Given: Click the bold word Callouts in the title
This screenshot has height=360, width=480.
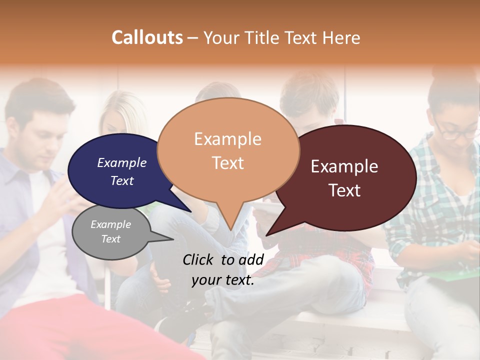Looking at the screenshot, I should click(x=147, y=37).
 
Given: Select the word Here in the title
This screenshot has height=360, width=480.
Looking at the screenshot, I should click(x=342, y=37).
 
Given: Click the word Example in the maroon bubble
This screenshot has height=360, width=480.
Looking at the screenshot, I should click(x=344, y=166).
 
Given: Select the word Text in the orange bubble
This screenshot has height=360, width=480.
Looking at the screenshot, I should click(x=228, y=163).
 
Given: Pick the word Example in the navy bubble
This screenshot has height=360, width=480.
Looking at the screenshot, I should click(x=122, y=162).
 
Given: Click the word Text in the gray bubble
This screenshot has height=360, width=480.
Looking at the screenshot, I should click(x=110, y=239).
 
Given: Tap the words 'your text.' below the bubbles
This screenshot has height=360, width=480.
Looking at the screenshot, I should click(x=223, y=280).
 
